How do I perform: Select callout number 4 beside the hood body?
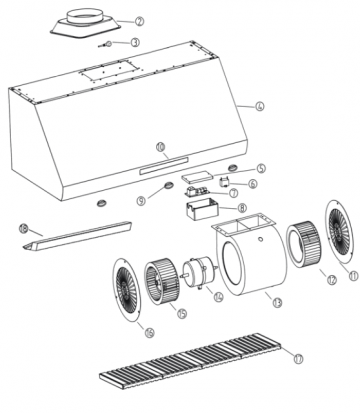click(x=259, y=106)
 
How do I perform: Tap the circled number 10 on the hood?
click(x=160, y=146)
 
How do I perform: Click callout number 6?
click(x=252, y=183)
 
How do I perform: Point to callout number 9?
click(x=141, y=200)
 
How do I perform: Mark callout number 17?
click(x=296, y=355)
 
